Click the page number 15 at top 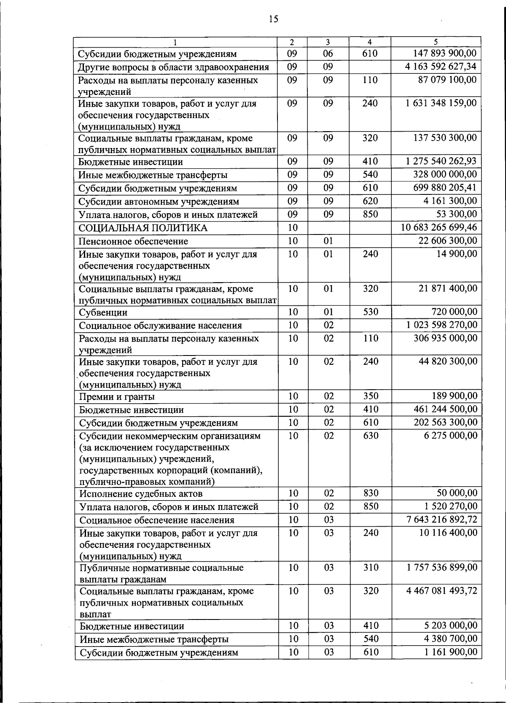pos(273,19)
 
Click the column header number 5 pos(436,42)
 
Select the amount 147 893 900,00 pos(444,53)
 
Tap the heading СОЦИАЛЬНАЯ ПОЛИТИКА pos(143,228)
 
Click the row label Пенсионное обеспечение pos(134,241)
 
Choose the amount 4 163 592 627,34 pos(441,67)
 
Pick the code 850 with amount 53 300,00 pos(370,214)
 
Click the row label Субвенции pos(103,312)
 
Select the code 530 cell pos(370,312)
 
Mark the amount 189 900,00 pos(455,396)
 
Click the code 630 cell pos(371,436)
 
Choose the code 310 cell pos(371,568)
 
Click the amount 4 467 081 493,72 pos(441,591)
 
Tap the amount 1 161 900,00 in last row pos(451,652)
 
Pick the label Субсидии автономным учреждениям pos(159,202)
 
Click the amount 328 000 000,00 pos(445,175)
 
